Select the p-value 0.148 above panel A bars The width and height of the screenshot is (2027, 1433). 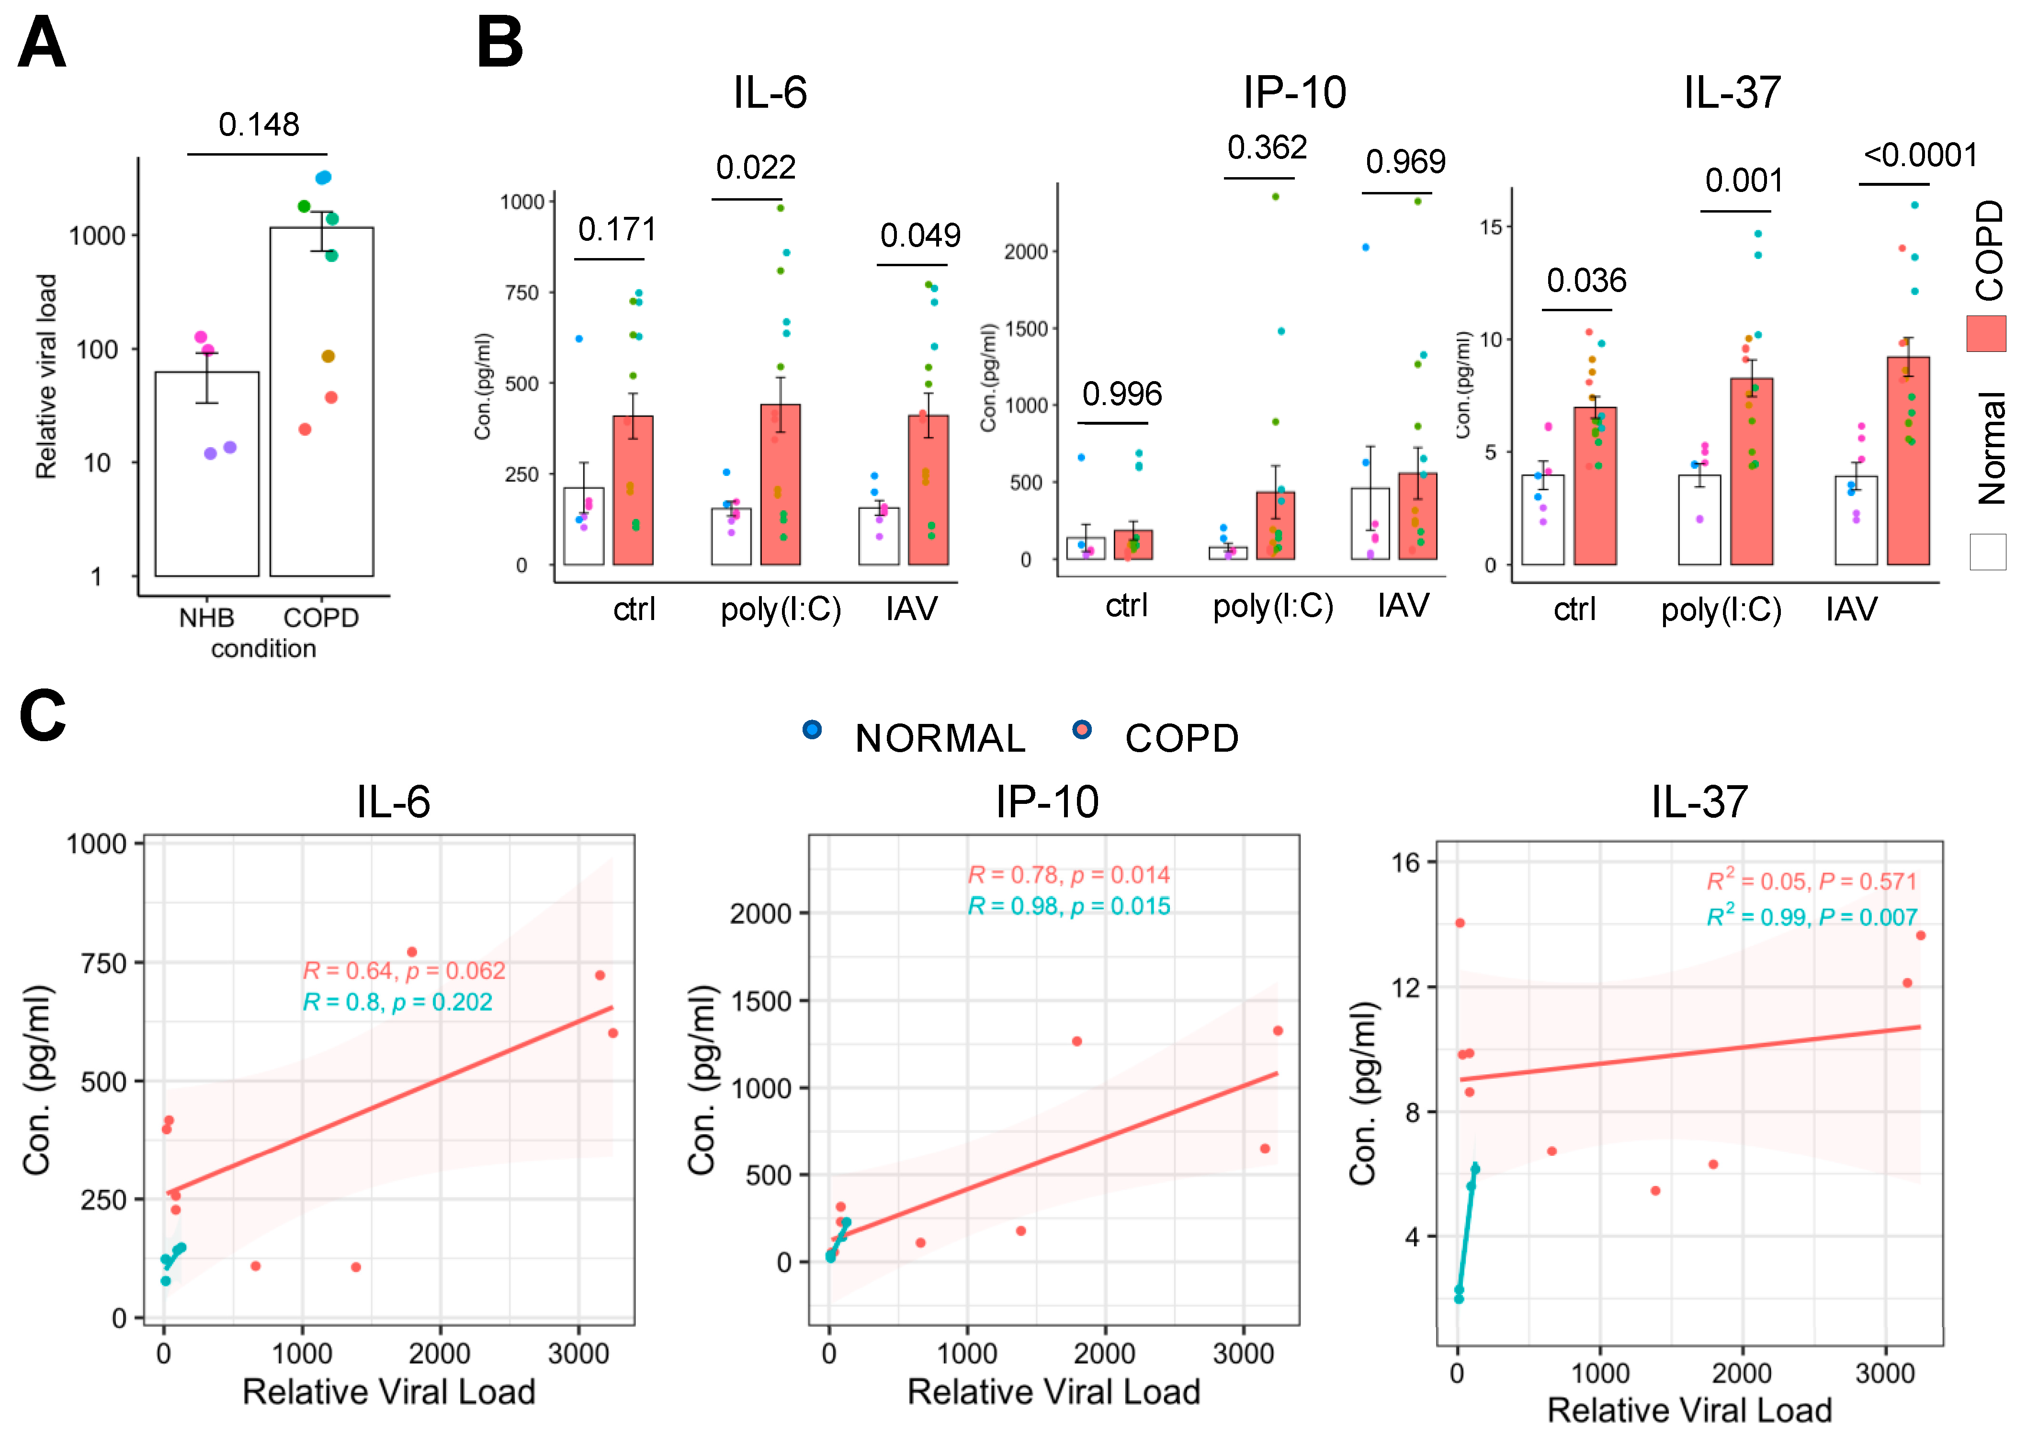(259, 124)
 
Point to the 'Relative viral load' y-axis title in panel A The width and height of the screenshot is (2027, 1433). (46, 376)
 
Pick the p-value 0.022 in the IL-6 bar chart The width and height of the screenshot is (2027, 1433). (756, 167)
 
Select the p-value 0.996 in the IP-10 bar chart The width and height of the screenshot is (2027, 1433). (1122, 394)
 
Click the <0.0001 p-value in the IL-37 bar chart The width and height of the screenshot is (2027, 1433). (1920, 156)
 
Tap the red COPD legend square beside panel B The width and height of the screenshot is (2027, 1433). (1986, 334)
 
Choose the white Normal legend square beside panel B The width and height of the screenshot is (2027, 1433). (1987, 552)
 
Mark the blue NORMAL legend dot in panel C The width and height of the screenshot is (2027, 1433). (812, 729)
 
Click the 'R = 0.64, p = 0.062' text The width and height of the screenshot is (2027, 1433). (404, 971)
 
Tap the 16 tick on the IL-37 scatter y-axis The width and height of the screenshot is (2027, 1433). (1405, 863)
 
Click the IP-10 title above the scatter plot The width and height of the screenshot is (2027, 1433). (1047, 801)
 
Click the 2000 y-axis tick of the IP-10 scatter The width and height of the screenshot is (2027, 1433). (760, 913)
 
